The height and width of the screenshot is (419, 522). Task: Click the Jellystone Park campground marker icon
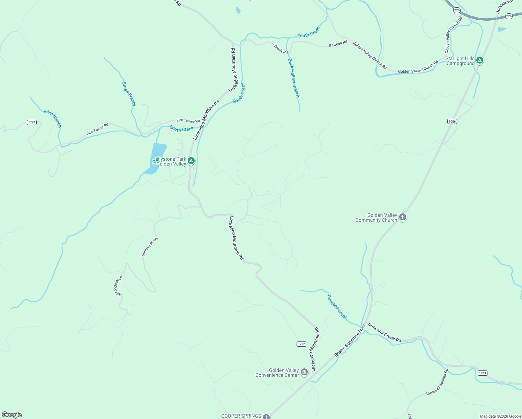[x=191, y=161]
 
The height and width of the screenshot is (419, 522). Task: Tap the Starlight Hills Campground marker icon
[x=480, y=60]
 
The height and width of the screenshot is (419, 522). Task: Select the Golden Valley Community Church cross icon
[x=402, y=217]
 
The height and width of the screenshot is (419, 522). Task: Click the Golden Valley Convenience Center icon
[x=304, y=373]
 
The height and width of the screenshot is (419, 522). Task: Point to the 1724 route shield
[x=32, y=122]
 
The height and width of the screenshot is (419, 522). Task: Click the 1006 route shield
[x=452, y=121]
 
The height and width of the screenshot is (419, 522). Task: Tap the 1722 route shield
[x=301, y=344]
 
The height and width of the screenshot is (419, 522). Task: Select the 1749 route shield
[x=482, y=373]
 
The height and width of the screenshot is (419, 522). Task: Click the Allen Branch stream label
[x=52, y=118]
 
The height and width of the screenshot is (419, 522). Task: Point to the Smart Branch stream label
[x=129, y=94]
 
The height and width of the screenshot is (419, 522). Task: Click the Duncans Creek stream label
[x=337, y=307]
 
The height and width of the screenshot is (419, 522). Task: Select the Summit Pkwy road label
[x=150, y=247]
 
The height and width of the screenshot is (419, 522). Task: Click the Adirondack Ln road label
[x=118, y=286]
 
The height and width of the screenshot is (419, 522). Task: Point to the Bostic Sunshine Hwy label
[x=350, y=340]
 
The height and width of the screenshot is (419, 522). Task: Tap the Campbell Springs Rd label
[x=437, y=382]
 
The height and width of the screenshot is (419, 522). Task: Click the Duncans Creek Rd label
[x=385, y=332]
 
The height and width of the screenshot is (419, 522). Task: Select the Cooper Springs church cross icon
[x=266, y=417]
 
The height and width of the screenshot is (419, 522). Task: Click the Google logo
[x=12, y=414]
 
